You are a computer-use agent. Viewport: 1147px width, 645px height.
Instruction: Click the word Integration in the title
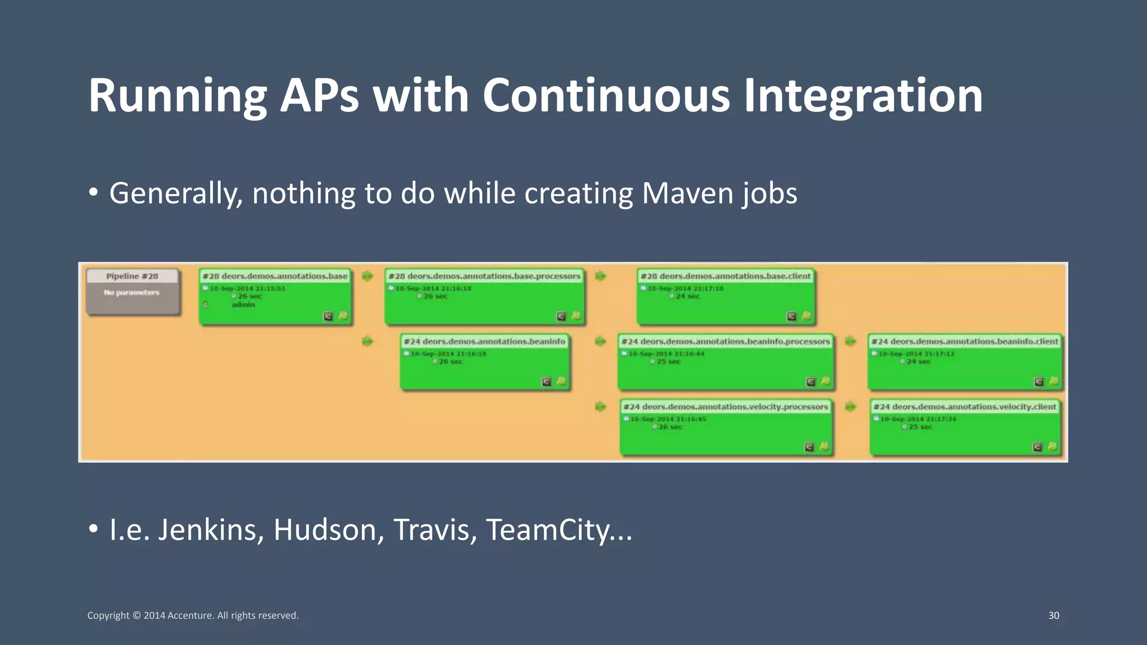point(862,96)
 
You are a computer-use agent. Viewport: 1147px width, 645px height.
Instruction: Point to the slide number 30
point(1053,615)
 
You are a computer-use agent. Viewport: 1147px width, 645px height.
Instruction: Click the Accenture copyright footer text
point(193,615)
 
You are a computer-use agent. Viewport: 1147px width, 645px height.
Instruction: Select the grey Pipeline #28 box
point(133,292)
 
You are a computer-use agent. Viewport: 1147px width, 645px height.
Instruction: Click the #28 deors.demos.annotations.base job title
point(275,276)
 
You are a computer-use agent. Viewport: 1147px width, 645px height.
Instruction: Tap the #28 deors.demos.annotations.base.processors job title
point(484,276)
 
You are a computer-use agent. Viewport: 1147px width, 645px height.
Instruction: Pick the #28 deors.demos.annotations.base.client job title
point(726,276)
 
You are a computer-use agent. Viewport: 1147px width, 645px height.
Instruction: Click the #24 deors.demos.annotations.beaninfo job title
point(485,342)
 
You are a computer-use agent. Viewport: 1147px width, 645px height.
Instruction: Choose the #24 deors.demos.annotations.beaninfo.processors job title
point(726,342)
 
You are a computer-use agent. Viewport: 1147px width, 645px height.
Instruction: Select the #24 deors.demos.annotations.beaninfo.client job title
point(965,342)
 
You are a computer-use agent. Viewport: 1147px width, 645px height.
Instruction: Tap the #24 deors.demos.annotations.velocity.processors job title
point(726,407)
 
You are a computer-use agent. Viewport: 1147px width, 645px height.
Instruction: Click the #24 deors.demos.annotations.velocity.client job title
point(965,407)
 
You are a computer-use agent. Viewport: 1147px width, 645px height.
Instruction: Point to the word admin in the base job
point(244,305)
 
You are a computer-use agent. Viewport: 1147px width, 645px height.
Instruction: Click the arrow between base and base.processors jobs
point(367,276)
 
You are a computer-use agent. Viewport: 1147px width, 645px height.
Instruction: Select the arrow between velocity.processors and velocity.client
point(850,406)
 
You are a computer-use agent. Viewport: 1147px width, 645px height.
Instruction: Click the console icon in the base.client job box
point(791,316)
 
